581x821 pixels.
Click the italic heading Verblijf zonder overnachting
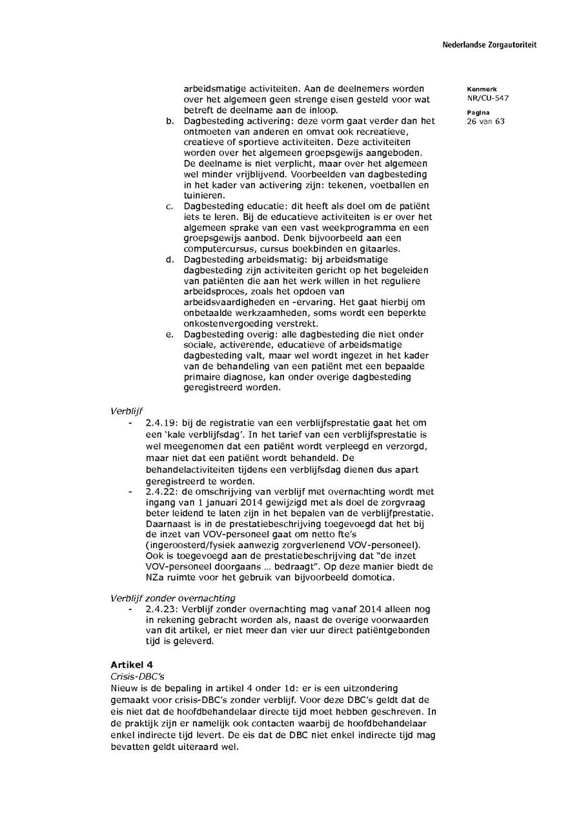(x=173, y=598)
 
